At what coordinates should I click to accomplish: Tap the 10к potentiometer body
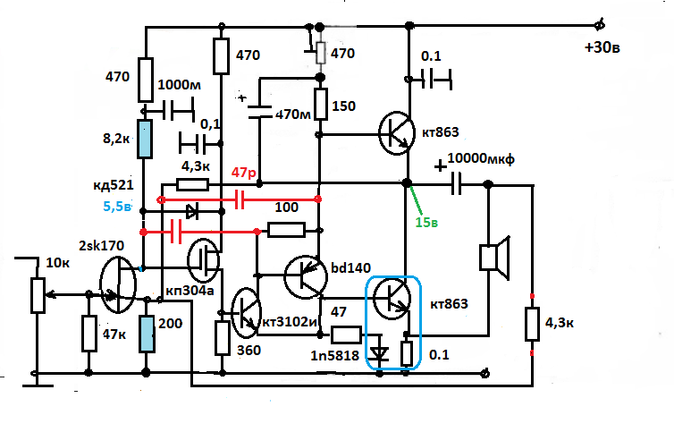coord(38,294)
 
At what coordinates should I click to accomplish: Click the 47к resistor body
coord(88,333)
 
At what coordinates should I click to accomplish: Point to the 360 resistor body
coord(223,338)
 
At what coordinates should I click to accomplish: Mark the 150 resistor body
coord(319,106)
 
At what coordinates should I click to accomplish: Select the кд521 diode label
coord(114,186)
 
